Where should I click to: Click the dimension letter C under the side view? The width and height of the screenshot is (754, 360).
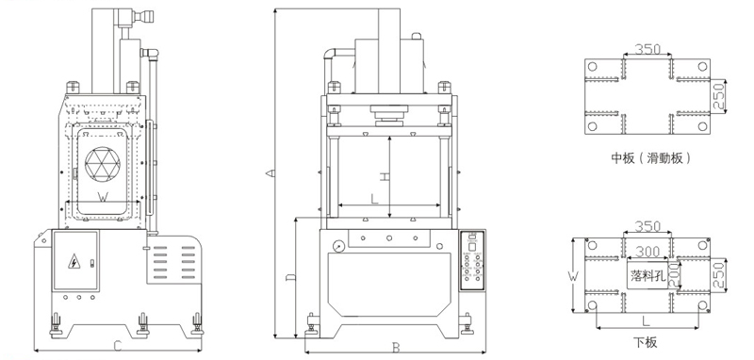click(117, 346)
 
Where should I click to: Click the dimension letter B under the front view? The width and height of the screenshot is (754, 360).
click(396, 348)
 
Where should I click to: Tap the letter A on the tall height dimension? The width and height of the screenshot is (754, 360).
click(270, 173)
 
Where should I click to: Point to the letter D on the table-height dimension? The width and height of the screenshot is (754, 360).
click(290, 277)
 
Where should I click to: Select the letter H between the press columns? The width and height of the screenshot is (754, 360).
click(384, 176)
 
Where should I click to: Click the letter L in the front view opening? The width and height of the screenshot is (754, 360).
click(374, 199)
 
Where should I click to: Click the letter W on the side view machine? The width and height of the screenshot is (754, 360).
click(103, 197)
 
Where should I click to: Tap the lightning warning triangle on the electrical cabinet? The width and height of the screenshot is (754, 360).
click(74, 261)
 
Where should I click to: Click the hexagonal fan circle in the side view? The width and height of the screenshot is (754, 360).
click(103, 164)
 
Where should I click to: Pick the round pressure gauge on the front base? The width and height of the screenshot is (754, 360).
click(338, 246)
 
